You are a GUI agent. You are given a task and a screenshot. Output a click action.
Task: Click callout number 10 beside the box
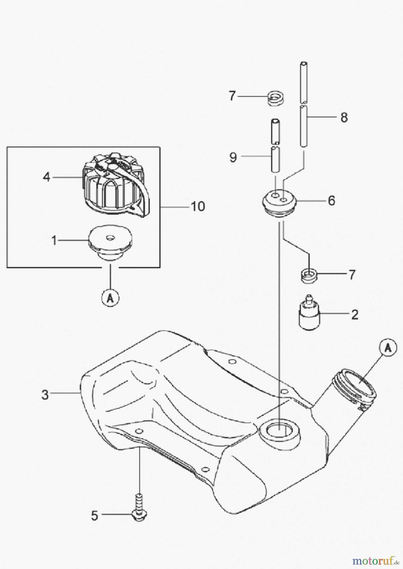coord(198,206)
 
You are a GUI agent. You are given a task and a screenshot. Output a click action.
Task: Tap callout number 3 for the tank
coord(45,395)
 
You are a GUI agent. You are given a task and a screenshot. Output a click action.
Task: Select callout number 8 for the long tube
coord(344,117)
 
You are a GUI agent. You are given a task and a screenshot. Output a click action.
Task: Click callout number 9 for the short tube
coord(233,157)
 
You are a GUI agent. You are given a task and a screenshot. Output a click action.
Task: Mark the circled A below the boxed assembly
coord(110,297)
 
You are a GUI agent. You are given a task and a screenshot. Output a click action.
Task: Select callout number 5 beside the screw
coord(95,516)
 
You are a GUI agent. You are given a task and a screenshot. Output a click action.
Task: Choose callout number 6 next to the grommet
coord(331,200)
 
